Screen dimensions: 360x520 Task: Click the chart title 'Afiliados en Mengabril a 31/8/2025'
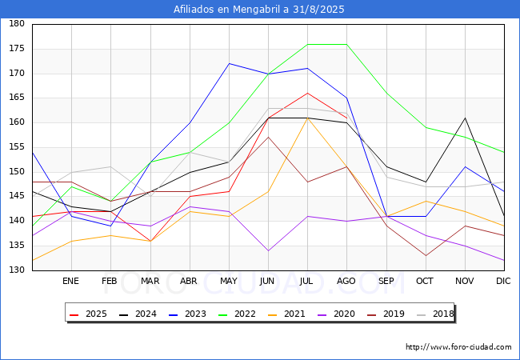point(260,10)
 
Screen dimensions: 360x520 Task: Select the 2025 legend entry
point(91,314)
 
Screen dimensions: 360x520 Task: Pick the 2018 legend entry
point(436,314)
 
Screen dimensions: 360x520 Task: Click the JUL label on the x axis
point(307,282)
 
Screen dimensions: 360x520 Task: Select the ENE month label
point(71,282)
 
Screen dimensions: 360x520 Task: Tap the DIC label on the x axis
point(503,282)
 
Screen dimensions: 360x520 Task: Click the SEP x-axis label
point(386,282)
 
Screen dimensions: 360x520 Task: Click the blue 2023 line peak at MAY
point(229,63)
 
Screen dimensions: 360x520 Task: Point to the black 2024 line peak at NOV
point(465,118)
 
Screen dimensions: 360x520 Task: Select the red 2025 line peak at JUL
point(307,93)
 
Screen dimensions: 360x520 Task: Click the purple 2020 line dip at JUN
point(268,250)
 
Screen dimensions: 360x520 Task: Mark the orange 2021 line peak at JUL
point(307,118)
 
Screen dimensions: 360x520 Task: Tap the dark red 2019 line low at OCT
point(426,255)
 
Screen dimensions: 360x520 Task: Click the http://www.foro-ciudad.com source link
point(458,347)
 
